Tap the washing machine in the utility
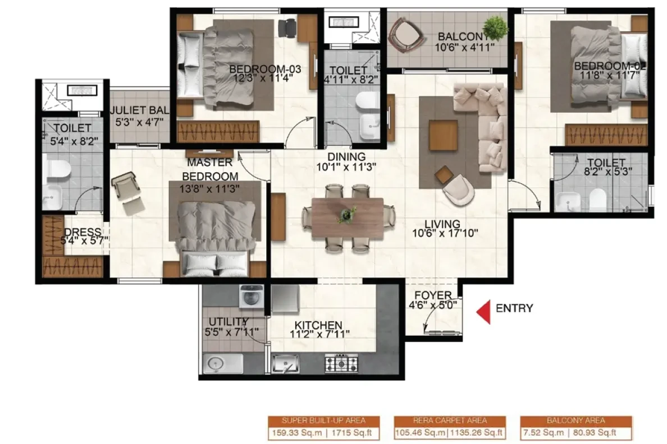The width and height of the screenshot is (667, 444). click(x=252, y=296)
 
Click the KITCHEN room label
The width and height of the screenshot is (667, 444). click(x=318, y=325)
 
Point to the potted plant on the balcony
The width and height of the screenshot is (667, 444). click(x=496, y=27)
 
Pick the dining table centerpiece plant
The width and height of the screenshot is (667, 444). click(x=348, y=215)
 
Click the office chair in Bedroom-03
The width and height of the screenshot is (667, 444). click(x=287, y=27)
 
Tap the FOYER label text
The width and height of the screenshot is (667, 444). click(x=433, y=295)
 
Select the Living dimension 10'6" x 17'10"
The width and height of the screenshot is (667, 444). click(x=445, y=233)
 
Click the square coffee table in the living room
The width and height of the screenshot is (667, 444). click(x=444, y=135)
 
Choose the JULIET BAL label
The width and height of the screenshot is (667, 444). click(x=140, y=110)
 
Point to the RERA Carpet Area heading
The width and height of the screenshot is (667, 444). click(x=450, y=420)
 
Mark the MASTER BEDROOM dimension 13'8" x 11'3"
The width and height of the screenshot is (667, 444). click(x=209, y=188)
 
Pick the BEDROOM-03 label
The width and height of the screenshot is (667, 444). click(x=265, y=69)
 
